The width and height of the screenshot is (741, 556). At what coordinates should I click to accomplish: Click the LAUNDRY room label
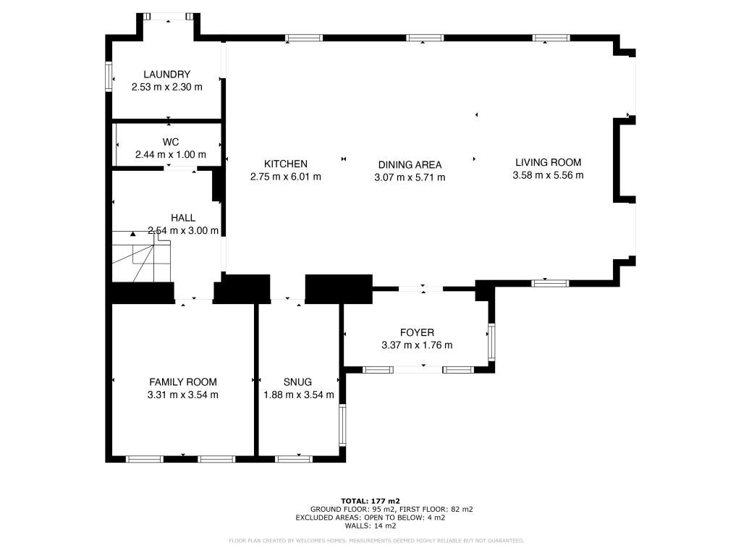(x=166, y=74)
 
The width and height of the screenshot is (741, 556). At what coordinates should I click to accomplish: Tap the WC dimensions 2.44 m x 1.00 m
(x=171, y=154)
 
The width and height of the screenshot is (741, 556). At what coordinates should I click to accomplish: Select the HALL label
(x=182, y=217)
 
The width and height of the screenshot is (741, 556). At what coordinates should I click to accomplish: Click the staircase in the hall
(x=140, y=261)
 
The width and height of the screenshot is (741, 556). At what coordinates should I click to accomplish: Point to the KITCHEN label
(x=285, y=164)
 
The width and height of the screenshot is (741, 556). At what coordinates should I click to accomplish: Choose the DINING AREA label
(x=410, y=164)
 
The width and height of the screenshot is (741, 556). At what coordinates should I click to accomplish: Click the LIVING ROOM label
(x=548, y=162)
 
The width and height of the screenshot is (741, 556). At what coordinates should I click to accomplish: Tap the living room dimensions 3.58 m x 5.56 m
(x=548, y=175)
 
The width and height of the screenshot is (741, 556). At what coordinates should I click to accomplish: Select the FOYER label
(x=417, y=332)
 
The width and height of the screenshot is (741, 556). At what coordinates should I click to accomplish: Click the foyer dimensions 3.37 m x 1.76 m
(x=417, y=345)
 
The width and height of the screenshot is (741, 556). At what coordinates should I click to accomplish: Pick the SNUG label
(x=298, y=382)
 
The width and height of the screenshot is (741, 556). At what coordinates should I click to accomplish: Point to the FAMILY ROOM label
(x=183, y=382)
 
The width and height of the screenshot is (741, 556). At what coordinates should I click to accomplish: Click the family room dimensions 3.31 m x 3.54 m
(x=183, y=395)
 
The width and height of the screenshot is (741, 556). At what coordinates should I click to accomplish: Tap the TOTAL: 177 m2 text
(x=370, y=500)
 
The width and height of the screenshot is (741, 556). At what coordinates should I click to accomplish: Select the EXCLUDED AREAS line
(x=370, y=518)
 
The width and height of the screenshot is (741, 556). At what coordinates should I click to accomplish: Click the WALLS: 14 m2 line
(x=370, y=526)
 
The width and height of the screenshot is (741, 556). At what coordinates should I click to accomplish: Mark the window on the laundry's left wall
(x=109, y=76)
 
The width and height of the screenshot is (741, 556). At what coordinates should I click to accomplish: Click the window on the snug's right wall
(x=343, y=424)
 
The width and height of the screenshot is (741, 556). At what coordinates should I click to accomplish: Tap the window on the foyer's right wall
(x=491, y=342)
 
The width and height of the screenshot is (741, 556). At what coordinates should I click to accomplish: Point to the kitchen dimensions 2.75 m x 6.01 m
(x=285, y=177)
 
